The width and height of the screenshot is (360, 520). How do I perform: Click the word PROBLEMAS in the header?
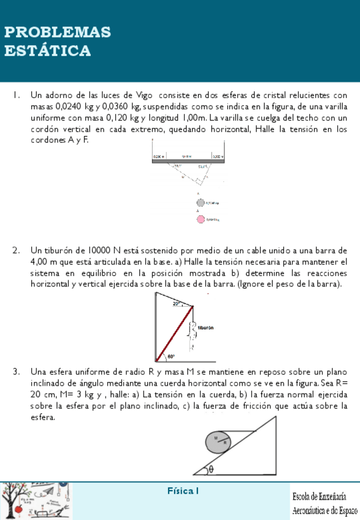[58, 32]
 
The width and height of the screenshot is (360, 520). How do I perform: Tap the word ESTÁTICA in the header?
[48, 51]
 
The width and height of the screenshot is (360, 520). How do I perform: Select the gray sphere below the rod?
[200, 202]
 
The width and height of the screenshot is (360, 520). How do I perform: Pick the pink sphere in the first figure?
[200, 219]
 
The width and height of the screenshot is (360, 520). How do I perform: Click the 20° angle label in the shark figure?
[177, 304]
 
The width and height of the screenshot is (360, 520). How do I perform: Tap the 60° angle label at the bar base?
[170, 356]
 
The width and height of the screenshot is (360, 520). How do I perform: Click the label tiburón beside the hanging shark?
[205, 328]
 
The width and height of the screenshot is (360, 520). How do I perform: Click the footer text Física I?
[183, 491]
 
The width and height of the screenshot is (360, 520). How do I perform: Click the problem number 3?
[16, 372]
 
